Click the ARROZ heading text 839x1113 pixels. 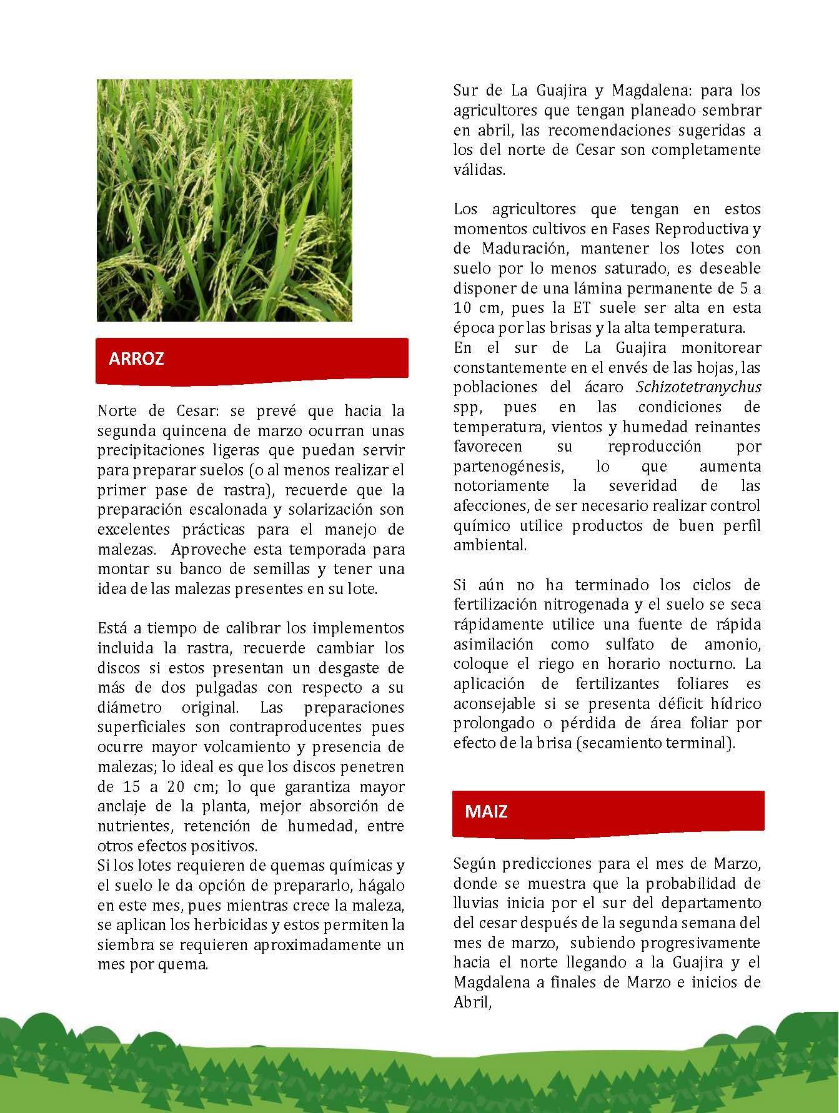(x=136, y=359)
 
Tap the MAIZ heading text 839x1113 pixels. (x=486, y=812)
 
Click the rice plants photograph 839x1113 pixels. (x=224, y=200)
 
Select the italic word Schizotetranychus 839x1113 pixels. (x=698, y=387)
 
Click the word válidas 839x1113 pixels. (x=479, y=170)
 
